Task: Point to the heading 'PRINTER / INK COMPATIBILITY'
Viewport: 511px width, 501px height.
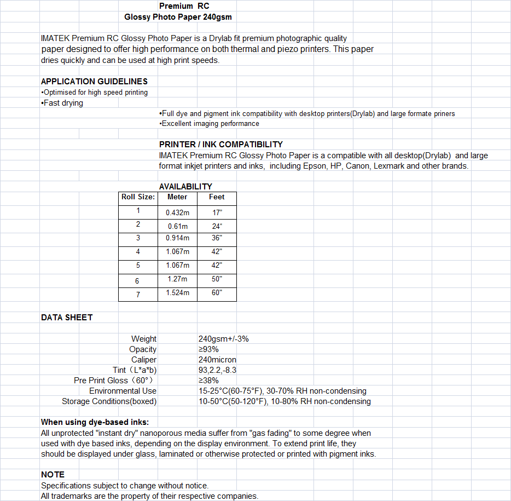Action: tap(221, 145)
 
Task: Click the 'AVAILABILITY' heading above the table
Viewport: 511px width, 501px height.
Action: tap(185, 187)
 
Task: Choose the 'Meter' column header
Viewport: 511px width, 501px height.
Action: tap(177, 197)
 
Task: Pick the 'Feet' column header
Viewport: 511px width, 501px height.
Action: tap(217, 197)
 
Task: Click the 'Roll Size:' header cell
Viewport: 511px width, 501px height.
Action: tap(138, 197)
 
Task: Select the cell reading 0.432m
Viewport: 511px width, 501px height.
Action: tap(177, 211)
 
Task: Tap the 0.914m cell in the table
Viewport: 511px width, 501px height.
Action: tap(177, 238)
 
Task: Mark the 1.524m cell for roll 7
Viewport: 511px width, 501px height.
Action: tap(177, 293)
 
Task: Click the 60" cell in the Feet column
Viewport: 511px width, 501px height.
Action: tap(217, 293)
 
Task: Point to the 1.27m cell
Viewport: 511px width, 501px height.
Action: tap(177, 279)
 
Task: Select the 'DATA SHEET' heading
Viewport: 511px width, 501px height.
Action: tap(67, 318)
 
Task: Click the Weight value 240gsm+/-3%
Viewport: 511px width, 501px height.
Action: tap(224, 339)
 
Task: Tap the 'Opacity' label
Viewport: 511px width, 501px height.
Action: tap(143, 349)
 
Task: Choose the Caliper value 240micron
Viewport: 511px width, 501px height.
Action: tap(217, 360)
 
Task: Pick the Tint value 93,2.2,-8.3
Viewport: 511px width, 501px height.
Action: tap(217, 370)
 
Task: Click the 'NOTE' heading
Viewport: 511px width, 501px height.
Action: tap(53, 475)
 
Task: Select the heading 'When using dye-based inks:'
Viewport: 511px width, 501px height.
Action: tap(95, 422)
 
